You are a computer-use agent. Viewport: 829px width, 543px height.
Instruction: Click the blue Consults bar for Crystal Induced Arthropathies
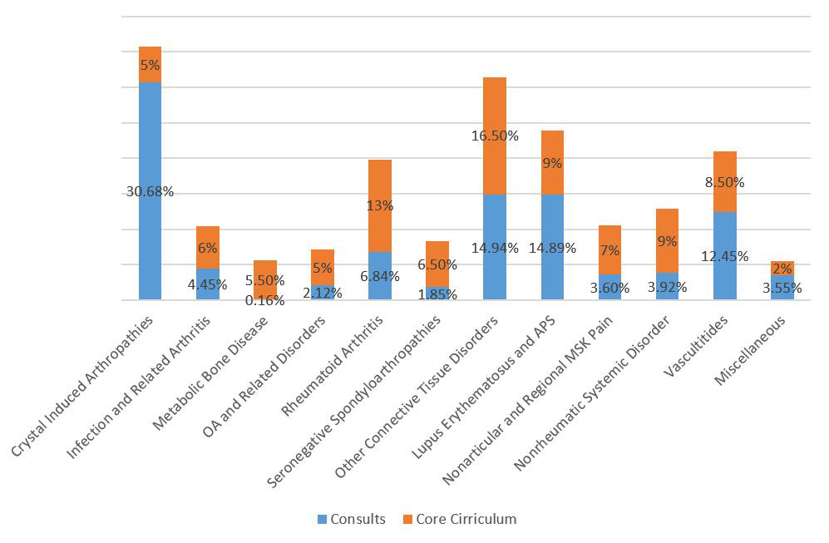[x=150, y=150]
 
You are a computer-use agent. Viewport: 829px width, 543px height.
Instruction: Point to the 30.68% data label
[x=150, y=191]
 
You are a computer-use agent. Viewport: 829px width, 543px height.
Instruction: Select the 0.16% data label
[x=264, y=300]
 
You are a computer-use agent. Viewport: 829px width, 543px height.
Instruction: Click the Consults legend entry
[x=351, y=519]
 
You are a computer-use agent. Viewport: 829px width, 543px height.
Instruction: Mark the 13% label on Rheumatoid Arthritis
[x=380, y=205]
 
